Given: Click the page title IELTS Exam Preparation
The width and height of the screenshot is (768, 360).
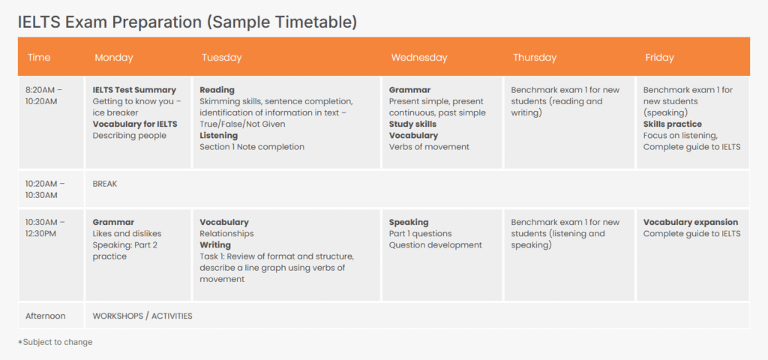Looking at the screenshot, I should [187, 22].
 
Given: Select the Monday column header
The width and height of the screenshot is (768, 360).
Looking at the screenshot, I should [113, 58].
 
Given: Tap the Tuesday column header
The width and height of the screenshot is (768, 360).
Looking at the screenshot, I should [221, 58].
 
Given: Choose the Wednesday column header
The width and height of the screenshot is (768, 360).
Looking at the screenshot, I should [418, 58].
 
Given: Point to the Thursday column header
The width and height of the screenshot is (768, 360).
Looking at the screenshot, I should [535, 58].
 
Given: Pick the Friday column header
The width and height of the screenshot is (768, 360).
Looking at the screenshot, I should [659, 58].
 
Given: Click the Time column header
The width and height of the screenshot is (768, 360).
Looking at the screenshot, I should [39, 58].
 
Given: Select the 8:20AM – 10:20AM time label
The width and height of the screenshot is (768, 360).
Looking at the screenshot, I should [44, 96].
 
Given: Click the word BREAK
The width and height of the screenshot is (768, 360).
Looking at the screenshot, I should [105, 184].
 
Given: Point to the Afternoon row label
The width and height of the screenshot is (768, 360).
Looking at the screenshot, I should [45, 316].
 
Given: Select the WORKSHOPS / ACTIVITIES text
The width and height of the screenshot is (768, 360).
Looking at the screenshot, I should [142, 316].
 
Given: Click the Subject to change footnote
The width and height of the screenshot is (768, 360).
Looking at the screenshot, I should [55, 342].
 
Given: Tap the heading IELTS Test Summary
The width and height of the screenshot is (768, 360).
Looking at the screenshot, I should [134, 90].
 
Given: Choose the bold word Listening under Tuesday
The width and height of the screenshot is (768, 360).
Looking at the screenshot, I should [218, 136].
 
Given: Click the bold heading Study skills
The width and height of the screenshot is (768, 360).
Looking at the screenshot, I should [412, 124].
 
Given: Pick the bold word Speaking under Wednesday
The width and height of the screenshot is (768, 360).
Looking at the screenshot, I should [409, 222].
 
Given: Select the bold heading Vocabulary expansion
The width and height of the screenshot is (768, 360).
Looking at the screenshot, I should [690, 222].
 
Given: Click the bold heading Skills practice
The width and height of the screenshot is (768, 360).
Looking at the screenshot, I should [672, 124].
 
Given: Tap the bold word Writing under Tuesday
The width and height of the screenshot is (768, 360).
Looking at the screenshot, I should [215, 245].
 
